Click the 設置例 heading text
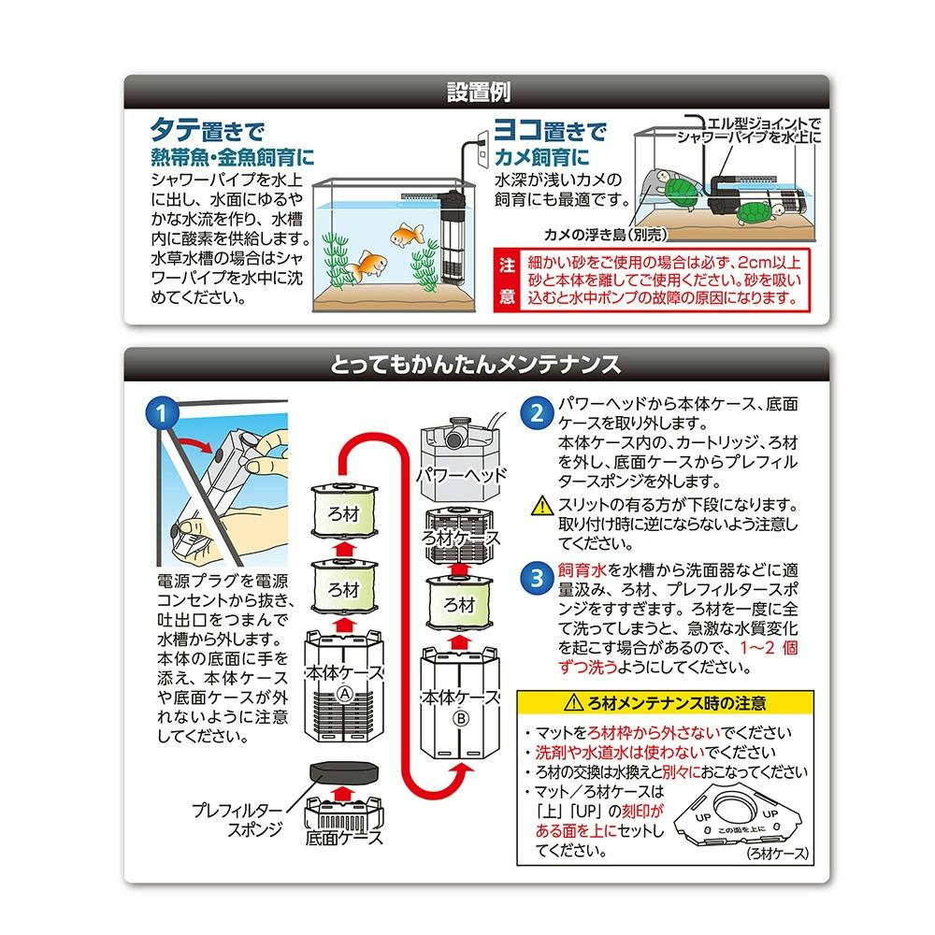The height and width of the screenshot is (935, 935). click(478, 92)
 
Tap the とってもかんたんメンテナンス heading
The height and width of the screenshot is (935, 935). click(475, 364)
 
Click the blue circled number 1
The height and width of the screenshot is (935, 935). click(162, 413)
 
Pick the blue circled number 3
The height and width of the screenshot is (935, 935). click(538, 579)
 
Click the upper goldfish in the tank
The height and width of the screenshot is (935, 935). click(408, 235)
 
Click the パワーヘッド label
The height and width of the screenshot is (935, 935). click(462, 475)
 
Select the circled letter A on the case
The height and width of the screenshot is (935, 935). click(345, 694)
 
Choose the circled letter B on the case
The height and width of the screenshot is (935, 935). click(461, 718)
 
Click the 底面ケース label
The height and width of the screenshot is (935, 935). click(343, 837)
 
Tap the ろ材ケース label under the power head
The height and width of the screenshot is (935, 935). click(460, 538)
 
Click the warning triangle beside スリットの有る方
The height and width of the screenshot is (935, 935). click(542, 506)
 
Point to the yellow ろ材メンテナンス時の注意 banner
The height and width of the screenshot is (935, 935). click(665, 703)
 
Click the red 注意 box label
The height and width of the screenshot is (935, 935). click(508, 280)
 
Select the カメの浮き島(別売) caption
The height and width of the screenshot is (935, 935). click(606, 235)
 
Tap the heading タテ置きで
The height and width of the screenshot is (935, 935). click(207, 129)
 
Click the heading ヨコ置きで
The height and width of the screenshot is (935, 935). click(550, 129)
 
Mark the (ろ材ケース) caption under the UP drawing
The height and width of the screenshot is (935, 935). click(778, 854)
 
